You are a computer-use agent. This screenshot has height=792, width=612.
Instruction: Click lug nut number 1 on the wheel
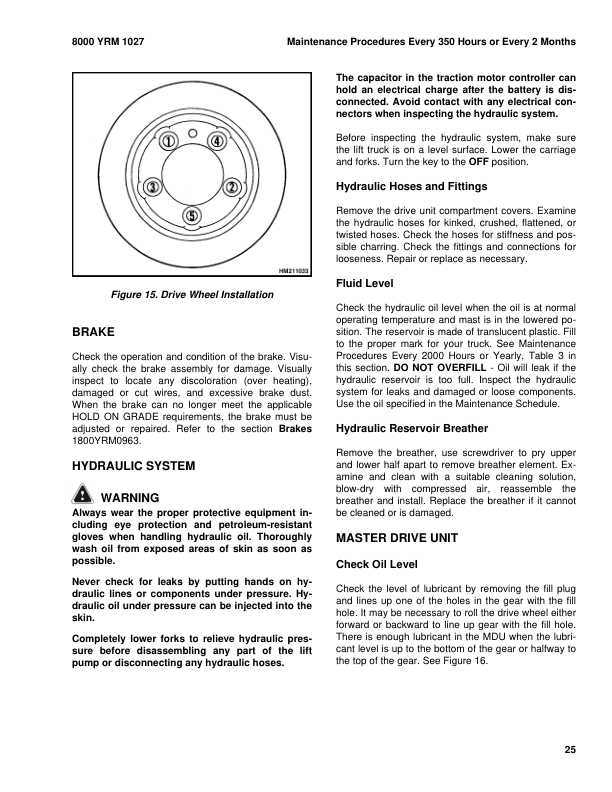point(170,141)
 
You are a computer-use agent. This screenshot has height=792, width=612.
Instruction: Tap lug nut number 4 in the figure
point(216,141)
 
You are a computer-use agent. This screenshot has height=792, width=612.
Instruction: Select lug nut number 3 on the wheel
point(153,187)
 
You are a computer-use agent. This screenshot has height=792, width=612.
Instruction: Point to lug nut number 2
point(232,187)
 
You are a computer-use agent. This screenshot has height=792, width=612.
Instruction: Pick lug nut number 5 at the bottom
point(193,216)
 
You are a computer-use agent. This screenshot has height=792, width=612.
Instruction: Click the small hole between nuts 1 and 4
point(193,130)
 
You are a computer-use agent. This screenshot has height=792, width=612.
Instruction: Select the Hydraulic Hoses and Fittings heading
point(412,186)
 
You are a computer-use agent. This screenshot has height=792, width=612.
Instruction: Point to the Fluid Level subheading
point(365,283)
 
